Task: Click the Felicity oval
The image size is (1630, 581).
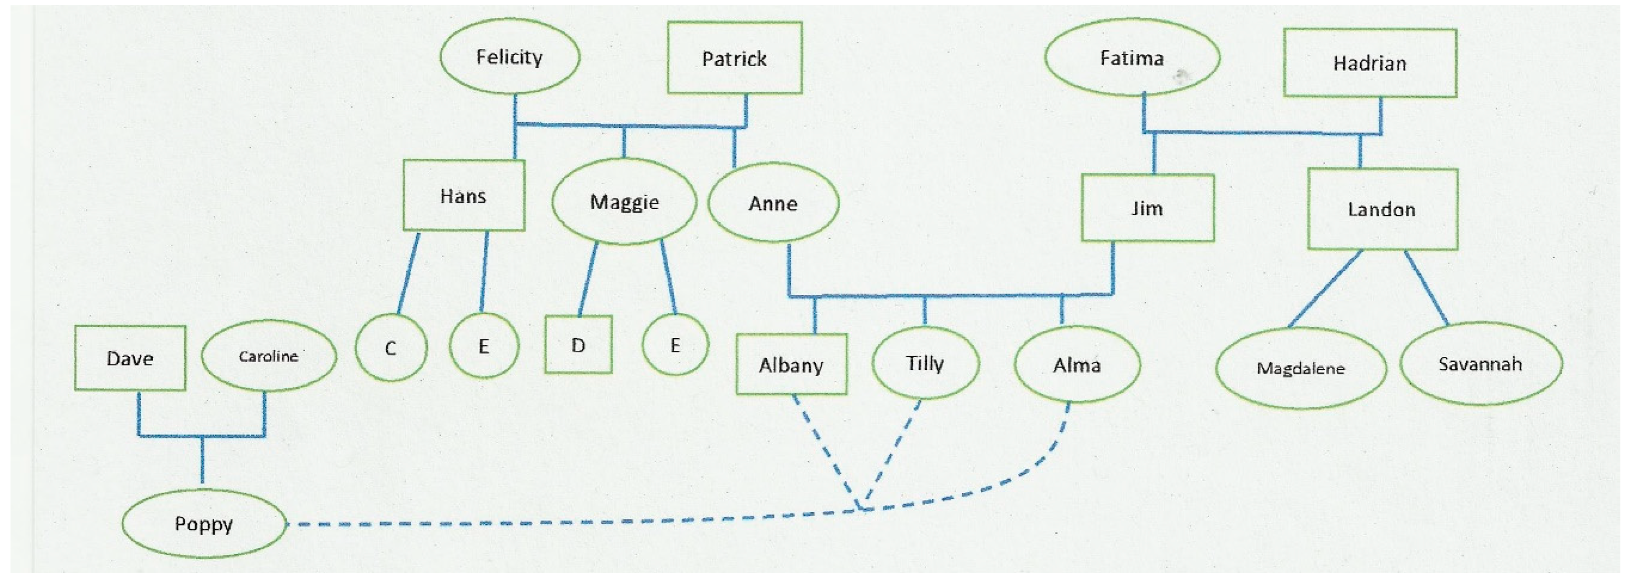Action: point(509,57)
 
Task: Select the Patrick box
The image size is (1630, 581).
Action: point(735,58)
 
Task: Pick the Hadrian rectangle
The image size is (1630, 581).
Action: point(1370,63)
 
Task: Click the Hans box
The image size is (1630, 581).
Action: point(464,196)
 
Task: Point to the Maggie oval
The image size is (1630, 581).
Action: point(624,202)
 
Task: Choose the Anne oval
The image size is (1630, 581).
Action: point(773,203)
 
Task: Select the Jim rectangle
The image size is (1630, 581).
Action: point(1147,208)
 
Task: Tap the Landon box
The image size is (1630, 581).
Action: point(1382,209)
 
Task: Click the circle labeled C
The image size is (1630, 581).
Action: point(391,348)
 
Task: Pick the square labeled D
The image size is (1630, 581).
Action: point(578,345)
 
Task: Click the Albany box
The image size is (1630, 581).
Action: point(791,365)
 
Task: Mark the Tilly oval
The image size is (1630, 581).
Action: point(925,364)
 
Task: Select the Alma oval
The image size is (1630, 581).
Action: point(1077,365)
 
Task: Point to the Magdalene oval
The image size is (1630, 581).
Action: point(1301,368)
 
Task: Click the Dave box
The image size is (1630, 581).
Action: point(130,358)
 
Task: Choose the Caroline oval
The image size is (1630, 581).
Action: point(268,356)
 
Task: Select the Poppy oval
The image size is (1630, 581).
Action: point(204,524)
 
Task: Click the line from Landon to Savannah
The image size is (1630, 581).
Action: point(1426,287)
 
